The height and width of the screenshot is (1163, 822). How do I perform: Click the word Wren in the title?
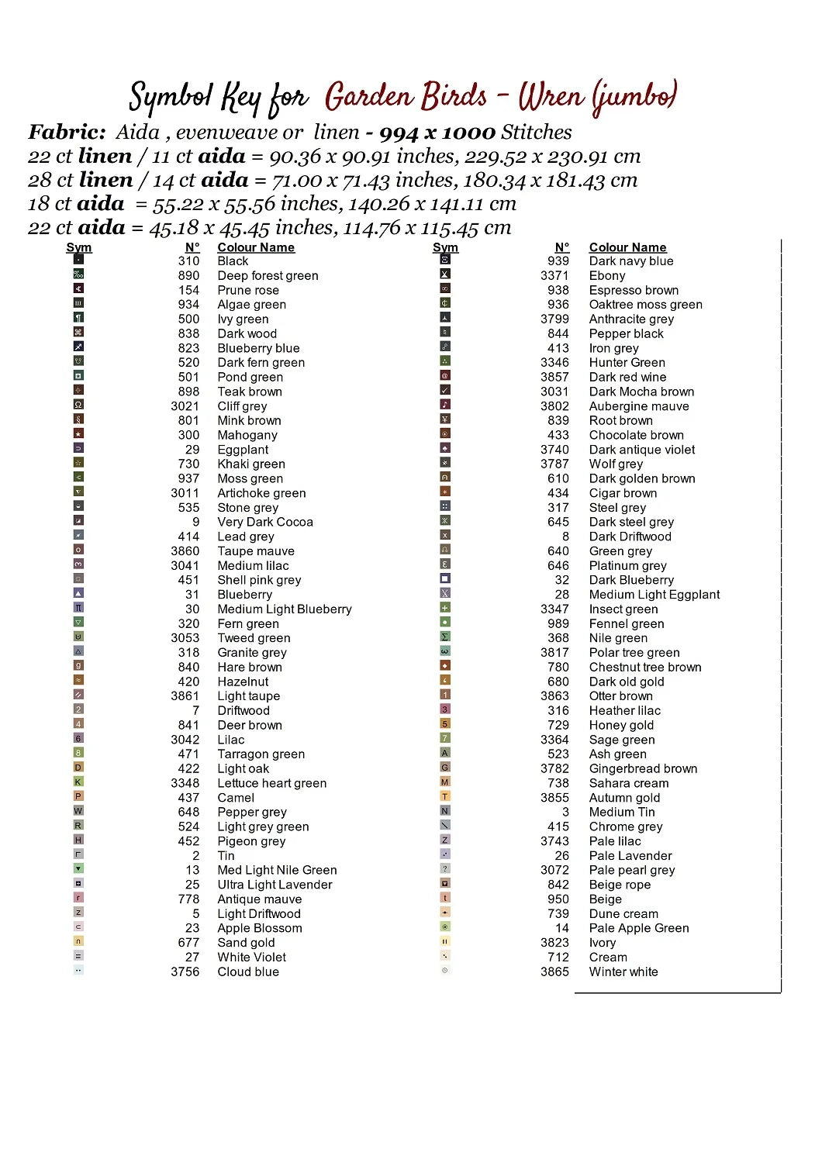click(551, 97)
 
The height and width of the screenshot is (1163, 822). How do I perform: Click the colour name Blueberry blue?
click(258, 348)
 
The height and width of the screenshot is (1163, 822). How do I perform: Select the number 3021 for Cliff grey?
click(185, 406)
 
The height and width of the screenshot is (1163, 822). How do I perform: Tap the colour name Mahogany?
click(247, 435)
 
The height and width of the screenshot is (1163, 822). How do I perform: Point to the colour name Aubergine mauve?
click(638, 406)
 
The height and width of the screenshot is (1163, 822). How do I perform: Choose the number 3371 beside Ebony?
click(554, 275)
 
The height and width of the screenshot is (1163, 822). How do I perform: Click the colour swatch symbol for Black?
click(78, 260)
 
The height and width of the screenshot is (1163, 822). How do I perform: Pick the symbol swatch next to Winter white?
click(445, 971)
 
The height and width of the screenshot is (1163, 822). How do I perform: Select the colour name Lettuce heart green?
click(271, 783)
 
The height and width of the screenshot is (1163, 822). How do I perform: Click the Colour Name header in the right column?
click(627, 247)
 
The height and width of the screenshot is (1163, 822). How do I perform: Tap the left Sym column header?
click(78, 247)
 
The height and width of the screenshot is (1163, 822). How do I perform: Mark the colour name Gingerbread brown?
click(643, 768)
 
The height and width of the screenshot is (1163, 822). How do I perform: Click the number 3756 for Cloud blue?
click(185, 971)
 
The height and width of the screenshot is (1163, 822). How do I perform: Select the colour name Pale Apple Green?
click(638, 928)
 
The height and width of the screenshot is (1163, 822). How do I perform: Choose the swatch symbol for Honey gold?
click(445, 723)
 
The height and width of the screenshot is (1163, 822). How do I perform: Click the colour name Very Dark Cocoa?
click(265, 522)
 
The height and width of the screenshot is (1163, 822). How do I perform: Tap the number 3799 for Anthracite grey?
click(554, 319)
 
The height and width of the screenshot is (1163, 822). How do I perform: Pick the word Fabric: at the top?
click(67, 133)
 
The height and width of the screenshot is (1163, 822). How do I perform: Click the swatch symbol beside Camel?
click(78, 796)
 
